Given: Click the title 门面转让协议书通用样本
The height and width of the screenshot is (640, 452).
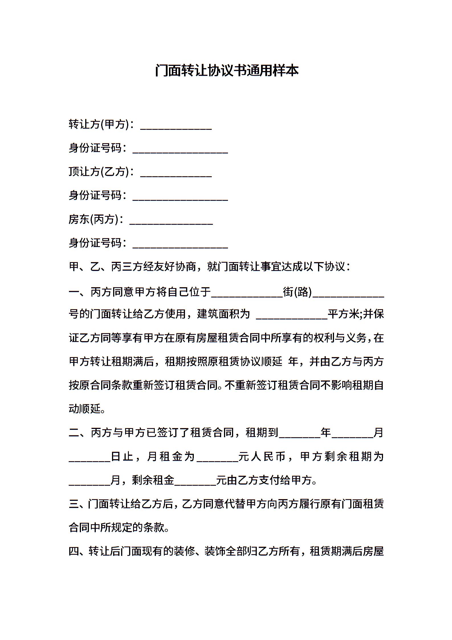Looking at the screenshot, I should [227, 70].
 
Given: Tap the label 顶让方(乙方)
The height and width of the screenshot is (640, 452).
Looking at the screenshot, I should [98, 172].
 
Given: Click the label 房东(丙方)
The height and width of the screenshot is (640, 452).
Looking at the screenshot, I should [93, 219].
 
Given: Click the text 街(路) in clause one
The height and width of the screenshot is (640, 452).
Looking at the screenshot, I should [297, 292].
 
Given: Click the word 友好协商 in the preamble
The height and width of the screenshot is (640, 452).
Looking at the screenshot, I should [180, 267].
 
